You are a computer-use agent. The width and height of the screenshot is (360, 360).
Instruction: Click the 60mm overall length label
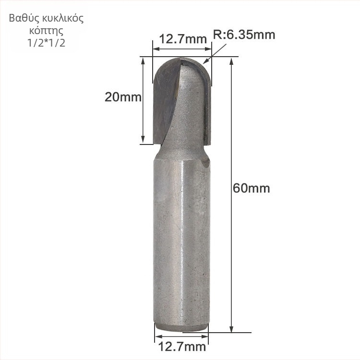click(x=251, y=188)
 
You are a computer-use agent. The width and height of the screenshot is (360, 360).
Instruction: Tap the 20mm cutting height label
click(x=123, y=97)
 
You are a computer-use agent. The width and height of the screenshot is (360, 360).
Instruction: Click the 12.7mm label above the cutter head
click(x=182, y=39)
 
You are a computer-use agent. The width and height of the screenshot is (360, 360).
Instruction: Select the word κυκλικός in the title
click(x=62, y=19)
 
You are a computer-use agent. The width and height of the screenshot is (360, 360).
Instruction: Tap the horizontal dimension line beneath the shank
click(x=182, y=337)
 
